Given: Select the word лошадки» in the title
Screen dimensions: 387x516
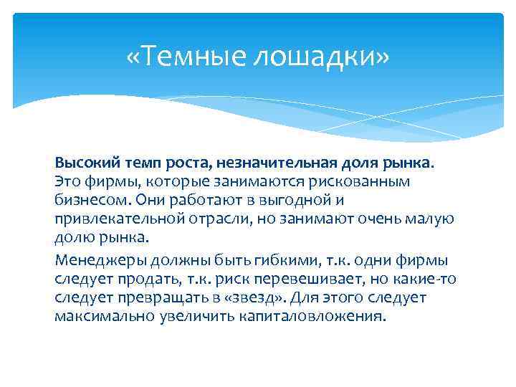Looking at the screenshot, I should point(327,58).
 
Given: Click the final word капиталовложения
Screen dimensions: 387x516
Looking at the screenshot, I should point(309,316).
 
